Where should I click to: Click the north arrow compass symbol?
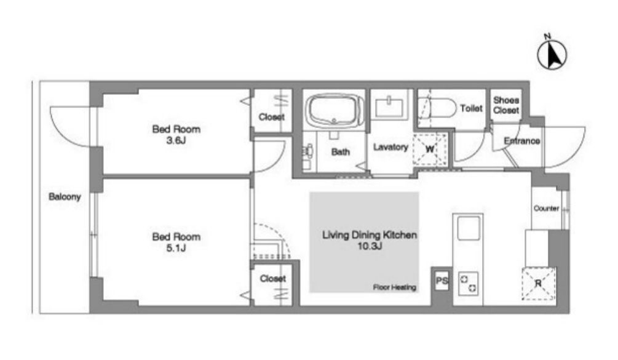point(552,54)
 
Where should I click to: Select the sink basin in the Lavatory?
point(389,107)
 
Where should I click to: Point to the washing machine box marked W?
point(430,150)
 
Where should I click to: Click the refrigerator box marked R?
point(539,283)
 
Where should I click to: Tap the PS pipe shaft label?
point(442,281)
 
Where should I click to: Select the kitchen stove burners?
point(468,284)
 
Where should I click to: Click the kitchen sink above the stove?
point(468,228)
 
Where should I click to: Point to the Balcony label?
point(65,196)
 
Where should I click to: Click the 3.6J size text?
point(176,140)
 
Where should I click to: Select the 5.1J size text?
point(176,247)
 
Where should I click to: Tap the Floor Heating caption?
point(395,287)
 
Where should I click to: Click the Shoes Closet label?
point(506,105)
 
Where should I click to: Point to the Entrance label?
point(522,141)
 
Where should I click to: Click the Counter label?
point(546,208)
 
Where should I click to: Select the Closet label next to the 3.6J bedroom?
point(272,117)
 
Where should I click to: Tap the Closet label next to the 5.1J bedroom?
point(273,278)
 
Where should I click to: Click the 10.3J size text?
point(370,246)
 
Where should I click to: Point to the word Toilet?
point(472,108)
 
